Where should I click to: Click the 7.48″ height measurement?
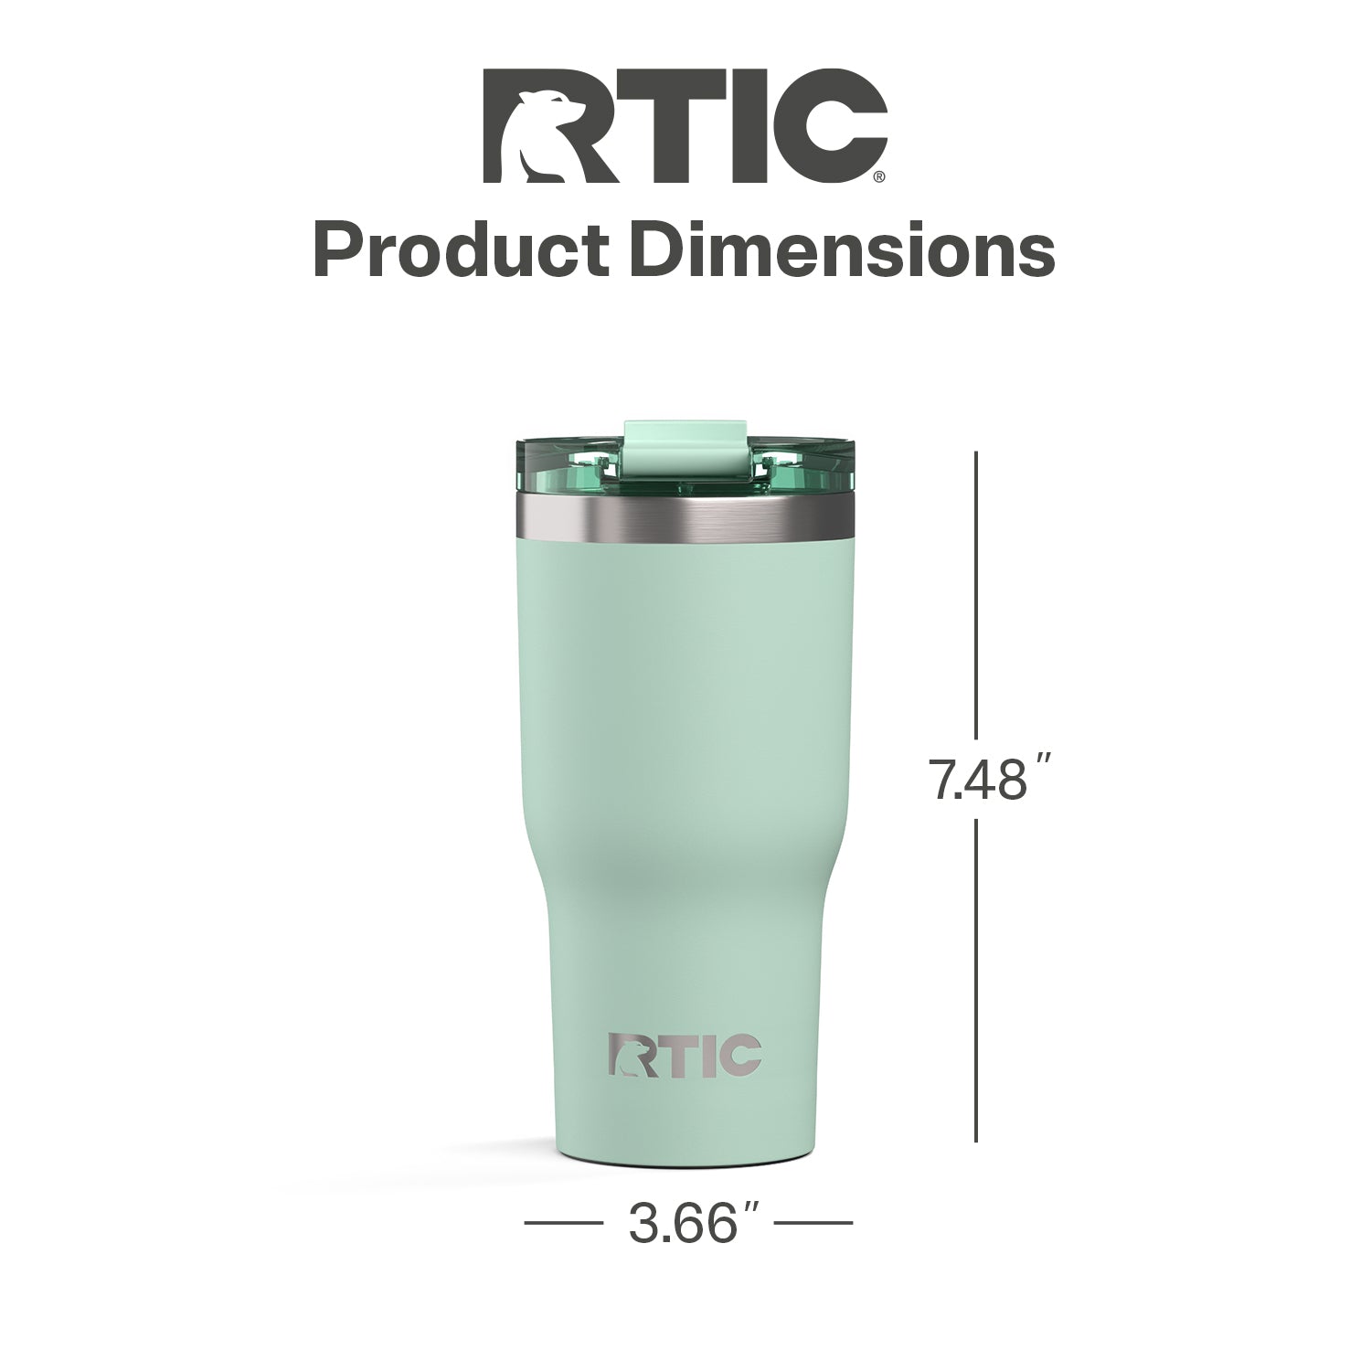coord(985,780)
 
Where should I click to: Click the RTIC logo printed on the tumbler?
coord(685,1056)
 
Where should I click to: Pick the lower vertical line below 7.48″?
coord(977,980)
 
